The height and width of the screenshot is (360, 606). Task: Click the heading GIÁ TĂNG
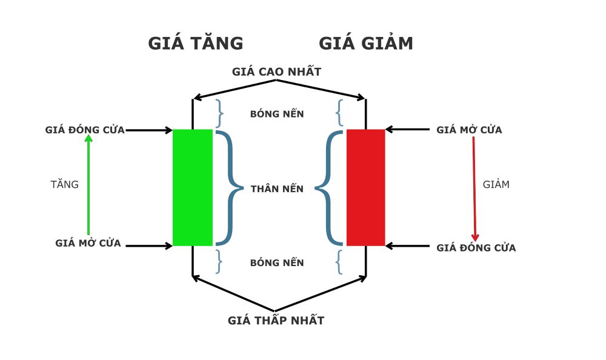(195, 44)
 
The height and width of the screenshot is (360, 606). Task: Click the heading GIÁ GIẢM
(366, 44)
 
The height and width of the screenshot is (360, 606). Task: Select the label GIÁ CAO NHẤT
(276, 72)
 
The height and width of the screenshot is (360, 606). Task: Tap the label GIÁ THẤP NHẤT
(276, 321)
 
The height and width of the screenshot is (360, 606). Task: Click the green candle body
(193, 187)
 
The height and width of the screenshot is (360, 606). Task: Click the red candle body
(365, 187)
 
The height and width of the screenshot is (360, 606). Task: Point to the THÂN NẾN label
(277, 189)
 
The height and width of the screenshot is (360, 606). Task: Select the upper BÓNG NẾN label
(277, 114)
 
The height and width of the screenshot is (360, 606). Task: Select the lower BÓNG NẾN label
(277, 263)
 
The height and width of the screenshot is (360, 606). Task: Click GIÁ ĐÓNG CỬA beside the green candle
(85, 130)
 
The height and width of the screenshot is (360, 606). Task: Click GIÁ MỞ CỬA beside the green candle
(88, 244)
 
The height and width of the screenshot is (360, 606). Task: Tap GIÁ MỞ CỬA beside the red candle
(469, 130)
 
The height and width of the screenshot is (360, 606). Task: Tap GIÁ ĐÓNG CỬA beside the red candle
(476, 248)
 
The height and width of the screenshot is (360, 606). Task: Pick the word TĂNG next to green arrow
(64, 185)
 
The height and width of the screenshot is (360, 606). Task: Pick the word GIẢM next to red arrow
(496, 185)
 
